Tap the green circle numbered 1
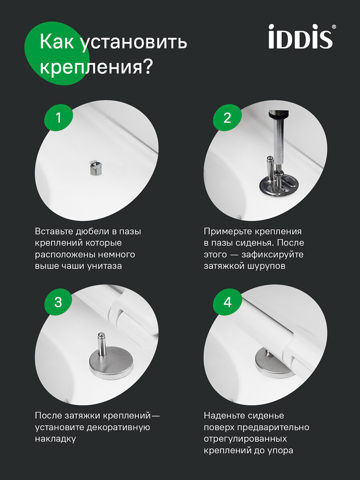58,118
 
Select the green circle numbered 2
227,118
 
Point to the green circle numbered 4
227,302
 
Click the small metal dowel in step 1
95,168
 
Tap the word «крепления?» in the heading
96,67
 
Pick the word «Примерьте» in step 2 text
228,231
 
